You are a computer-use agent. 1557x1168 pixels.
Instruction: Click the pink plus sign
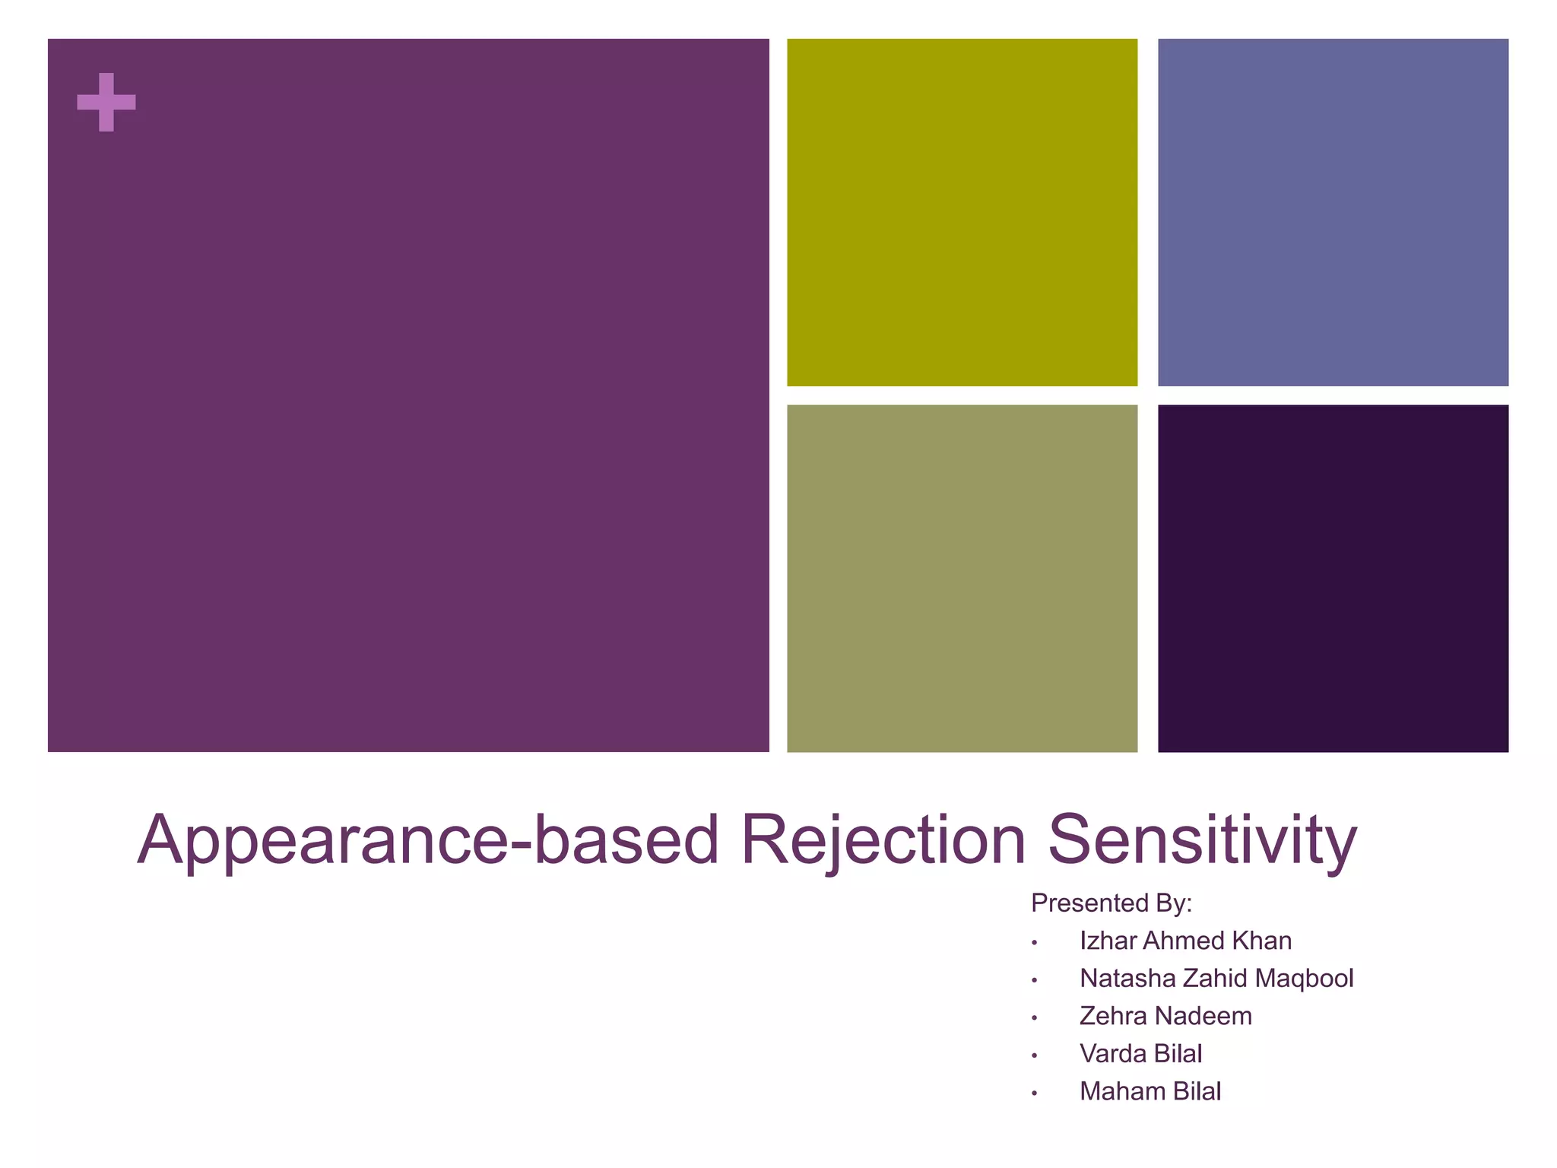click(x=106, y=102)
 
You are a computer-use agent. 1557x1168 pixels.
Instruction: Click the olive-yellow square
click(x=962, y=212)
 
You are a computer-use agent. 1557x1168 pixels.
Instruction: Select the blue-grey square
click(x=1333, y=212)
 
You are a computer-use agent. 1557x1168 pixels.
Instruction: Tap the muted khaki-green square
click(x=962, y=578)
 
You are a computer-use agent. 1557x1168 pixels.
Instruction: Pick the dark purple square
click(x=1333, y=578)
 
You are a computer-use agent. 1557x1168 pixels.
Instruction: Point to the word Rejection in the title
click(x=883, y=840)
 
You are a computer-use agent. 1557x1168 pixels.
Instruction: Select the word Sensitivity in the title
click(x=1202, y=840)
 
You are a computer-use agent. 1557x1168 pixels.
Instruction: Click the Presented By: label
click(x=1111, y=903)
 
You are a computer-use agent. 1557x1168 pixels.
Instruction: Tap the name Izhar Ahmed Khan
click(x=1185, y=941)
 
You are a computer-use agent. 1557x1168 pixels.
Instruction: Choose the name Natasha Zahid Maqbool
click(x=1216, y=978)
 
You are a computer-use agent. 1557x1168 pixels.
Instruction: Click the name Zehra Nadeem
click(x=1165, y=1016)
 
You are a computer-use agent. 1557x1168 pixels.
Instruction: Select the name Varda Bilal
click(x=1140, y=1054)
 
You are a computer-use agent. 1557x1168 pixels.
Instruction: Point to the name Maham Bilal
click(x=1150, y=1091)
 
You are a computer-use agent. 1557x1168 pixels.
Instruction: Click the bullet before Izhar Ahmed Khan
click(x=1035, y=943)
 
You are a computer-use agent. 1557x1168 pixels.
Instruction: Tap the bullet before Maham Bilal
click(x=1035, y=1093)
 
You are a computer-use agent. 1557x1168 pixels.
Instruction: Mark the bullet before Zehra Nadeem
click(x=1035, y=1018)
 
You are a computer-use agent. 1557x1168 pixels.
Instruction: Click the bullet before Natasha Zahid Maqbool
click(x=1035, y=980)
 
